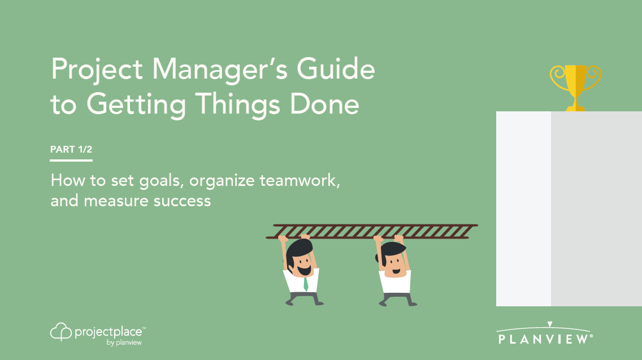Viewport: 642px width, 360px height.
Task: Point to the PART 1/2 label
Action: coord(71,150)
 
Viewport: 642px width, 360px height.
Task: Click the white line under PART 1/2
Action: coord(71,161)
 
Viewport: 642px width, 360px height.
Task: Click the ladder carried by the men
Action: coord(373,231)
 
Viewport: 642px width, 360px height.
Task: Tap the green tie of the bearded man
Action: coord(305,283)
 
